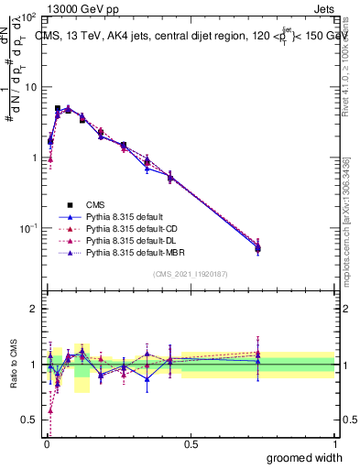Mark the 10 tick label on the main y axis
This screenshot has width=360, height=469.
pyautogui.click(x=29, y=87)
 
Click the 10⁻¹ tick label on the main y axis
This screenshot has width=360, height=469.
pyautogui.click(x=27, y=227)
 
